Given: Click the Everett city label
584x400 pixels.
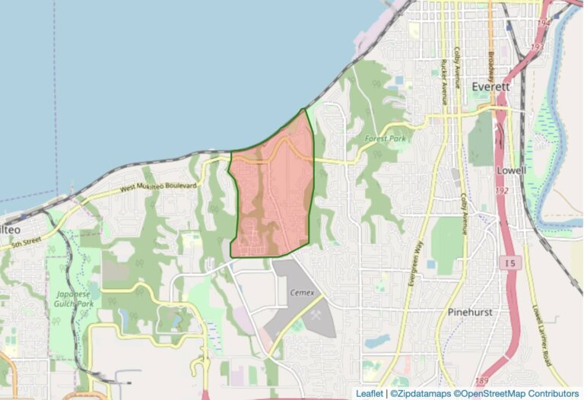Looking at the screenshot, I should [490, 87].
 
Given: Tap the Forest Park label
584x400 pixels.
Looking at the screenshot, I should [386, 138].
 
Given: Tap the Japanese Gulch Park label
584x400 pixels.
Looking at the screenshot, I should [71, 299].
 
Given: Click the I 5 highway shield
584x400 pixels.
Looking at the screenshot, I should [511, 263].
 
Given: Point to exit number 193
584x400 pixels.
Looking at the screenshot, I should [537, 47].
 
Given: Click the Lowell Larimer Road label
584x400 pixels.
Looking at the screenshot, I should [540, 334].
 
